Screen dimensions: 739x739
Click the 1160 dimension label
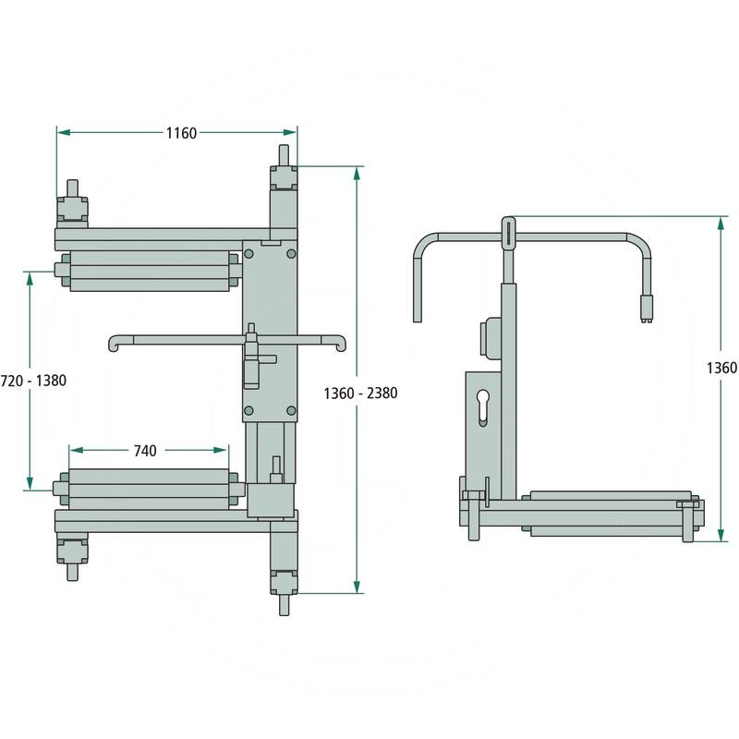181,133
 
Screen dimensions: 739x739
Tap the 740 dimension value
145,451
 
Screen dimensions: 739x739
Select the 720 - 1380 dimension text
33,381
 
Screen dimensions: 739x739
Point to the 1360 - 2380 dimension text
360,394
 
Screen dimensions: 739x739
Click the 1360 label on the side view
721,368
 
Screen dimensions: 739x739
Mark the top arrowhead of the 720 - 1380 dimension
30,279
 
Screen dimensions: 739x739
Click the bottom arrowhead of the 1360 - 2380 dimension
357,586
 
